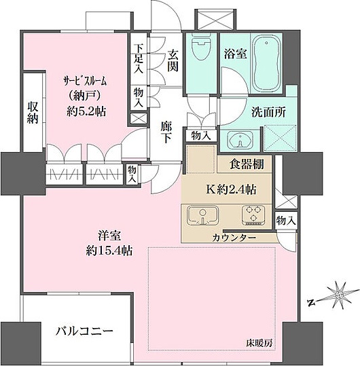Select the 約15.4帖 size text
109,251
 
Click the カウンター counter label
232,238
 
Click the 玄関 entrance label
173,60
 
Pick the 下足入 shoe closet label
139,58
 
